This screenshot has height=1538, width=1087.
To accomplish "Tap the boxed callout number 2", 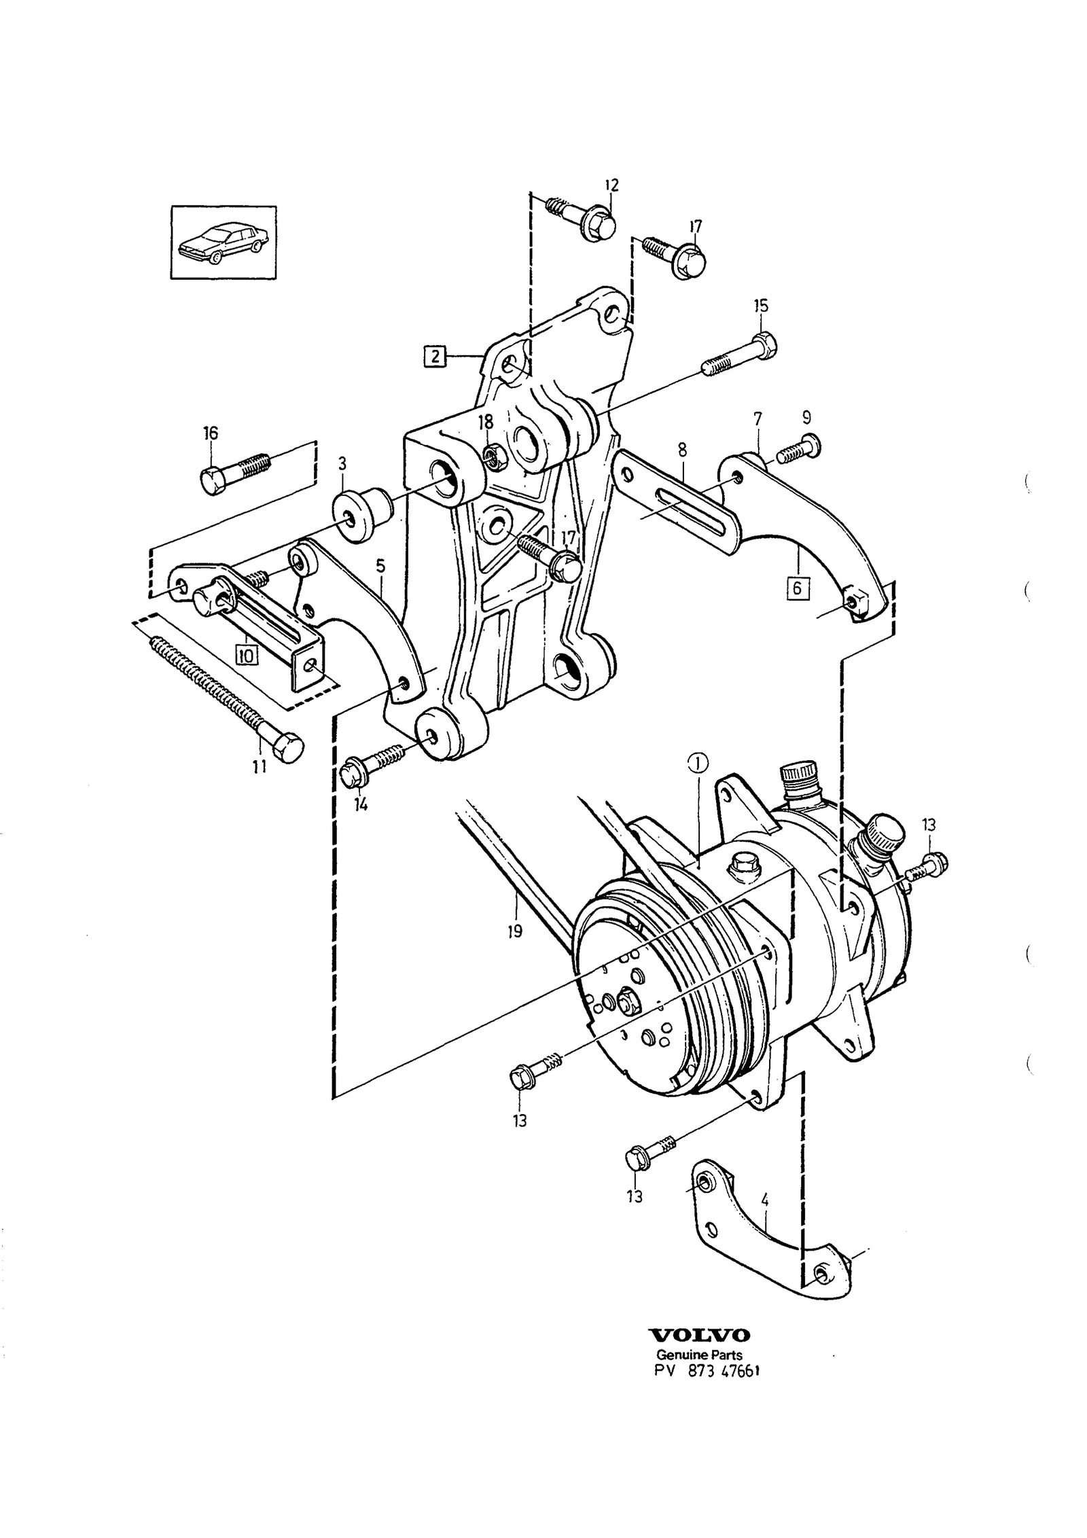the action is (x=435, y=356).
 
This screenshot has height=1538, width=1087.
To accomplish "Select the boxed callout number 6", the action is (x=799, y=588).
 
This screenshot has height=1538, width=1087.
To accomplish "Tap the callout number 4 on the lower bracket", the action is (x=766, y=1200).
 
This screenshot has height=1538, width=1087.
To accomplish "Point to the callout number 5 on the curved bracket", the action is (x=380, y=565).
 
